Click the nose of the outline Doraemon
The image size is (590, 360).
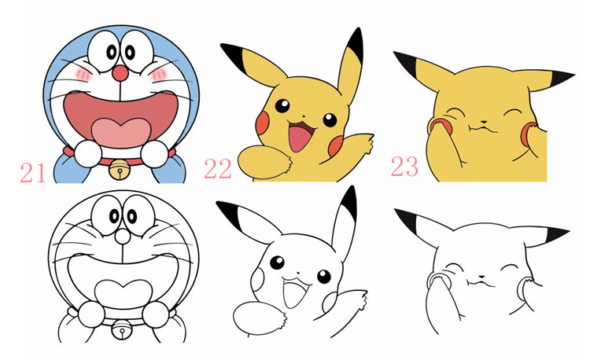tap(119, 236)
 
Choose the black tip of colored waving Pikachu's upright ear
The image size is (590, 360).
tap(355, 40)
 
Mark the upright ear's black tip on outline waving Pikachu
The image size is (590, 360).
tap(349, 201)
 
